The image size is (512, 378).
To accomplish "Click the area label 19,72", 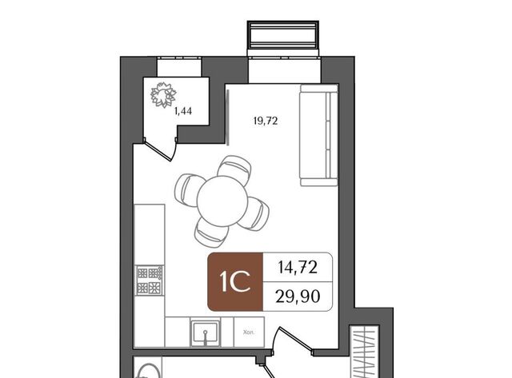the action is click(265, 121).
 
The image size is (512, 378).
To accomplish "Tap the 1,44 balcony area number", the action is click(183, 112).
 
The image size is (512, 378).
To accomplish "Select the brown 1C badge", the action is click(235, 282).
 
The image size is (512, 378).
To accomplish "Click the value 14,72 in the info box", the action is click(298, 268).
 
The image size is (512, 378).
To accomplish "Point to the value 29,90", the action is click(298, 296).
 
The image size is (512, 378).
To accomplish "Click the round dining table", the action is click(222, 201).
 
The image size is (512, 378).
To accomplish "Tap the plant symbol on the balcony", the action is click(163, 95).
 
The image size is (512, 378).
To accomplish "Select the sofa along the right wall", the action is click(318, 135).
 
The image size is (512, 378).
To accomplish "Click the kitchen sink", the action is click(206, 333).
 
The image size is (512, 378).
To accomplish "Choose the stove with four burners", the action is click(150, 281).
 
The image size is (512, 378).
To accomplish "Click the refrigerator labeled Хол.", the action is click(249, 332).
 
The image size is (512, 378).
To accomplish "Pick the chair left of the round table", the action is click(188, 190).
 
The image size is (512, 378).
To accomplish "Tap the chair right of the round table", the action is click(255, 213).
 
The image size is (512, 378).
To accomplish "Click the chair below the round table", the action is click(211, 233).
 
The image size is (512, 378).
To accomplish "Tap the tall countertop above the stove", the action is click(150, 234).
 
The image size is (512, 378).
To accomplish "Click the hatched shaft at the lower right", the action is click(365, 352).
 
